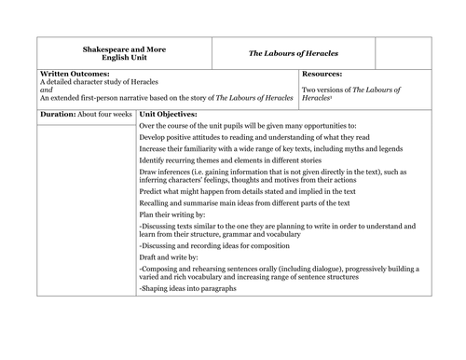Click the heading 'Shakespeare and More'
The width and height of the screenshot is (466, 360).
pyautogui.click(x=125, y=47)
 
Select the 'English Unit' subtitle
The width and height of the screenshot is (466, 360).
pyautogui.click(x=125, y=56)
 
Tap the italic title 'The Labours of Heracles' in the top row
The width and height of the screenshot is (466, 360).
pyautogui.click(x=293, y=53)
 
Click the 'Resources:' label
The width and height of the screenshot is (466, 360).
pyautogui.click(x=322, y=73)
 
